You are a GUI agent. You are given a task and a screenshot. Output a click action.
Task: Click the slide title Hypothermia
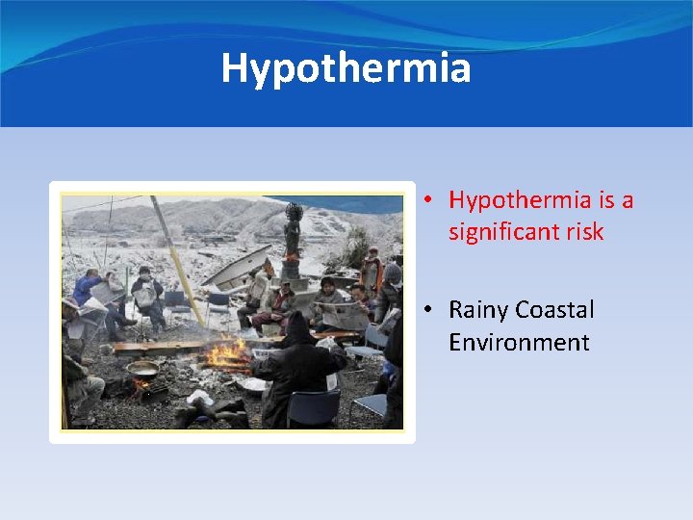346,68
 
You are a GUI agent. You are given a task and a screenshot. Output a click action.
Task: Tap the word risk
584,232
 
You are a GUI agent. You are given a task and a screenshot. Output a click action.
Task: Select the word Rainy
478,310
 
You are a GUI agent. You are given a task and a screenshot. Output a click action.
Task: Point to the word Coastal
554,310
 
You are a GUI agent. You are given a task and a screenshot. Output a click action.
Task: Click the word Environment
519,342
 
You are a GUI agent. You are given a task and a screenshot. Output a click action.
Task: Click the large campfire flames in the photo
227,355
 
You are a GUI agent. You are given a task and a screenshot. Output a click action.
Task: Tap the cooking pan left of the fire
143,369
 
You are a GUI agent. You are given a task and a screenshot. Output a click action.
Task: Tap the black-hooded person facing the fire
297,371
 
